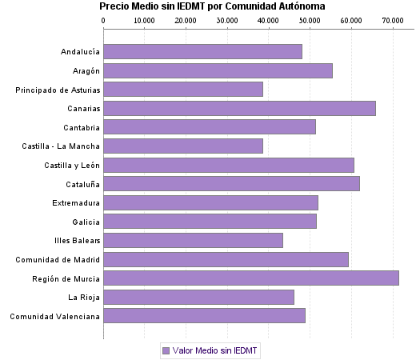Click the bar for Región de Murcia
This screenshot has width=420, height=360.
point(251,278)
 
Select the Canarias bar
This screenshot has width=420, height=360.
point(239,109)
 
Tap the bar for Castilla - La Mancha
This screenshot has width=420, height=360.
point(183,146)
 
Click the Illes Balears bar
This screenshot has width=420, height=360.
point(193,241)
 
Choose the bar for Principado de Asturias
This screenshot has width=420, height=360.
point(183,90)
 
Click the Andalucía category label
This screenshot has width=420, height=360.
point(80,52)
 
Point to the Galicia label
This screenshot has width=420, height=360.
point(86,222)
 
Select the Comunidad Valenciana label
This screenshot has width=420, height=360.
point(54,316)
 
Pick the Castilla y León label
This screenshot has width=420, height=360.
point(72,165)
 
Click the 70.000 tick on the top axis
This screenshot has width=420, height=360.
point(392,20)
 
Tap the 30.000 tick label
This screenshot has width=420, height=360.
point(227,20)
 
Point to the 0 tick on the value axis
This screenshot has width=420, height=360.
point(103,20)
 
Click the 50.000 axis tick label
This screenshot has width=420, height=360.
point(310,20)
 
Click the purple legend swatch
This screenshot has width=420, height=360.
point(166,350)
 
